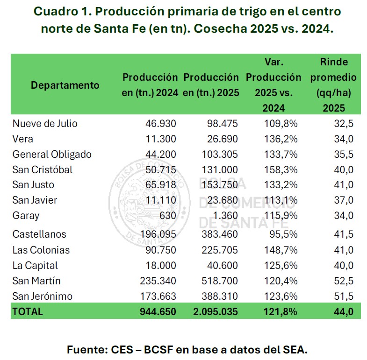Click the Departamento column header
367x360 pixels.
65,85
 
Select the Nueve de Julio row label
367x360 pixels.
45,124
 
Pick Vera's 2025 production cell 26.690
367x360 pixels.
222,139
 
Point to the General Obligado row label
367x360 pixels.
52,154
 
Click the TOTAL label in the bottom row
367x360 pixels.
28,311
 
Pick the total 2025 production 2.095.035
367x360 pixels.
215,311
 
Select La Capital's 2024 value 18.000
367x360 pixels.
161,265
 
